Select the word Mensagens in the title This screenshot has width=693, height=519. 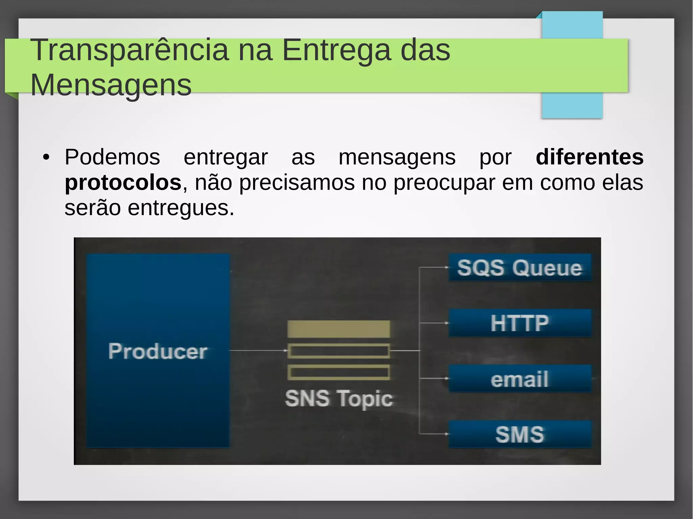111,85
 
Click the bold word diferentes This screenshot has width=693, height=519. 589,157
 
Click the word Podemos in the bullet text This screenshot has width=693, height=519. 112,157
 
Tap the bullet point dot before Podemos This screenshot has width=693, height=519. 46,157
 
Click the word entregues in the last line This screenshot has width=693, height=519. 181,208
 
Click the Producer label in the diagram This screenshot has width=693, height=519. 158,351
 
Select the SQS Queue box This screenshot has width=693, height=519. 520,267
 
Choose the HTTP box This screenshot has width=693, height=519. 520,323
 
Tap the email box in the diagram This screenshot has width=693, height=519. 520,379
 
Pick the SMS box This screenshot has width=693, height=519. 520,434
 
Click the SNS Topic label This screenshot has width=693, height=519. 339,398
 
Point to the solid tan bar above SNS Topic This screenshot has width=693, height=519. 338,329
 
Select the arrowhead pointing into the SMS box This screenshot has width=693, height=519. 446,434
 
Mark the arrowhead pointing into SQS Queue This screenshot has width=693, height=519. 446,267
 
